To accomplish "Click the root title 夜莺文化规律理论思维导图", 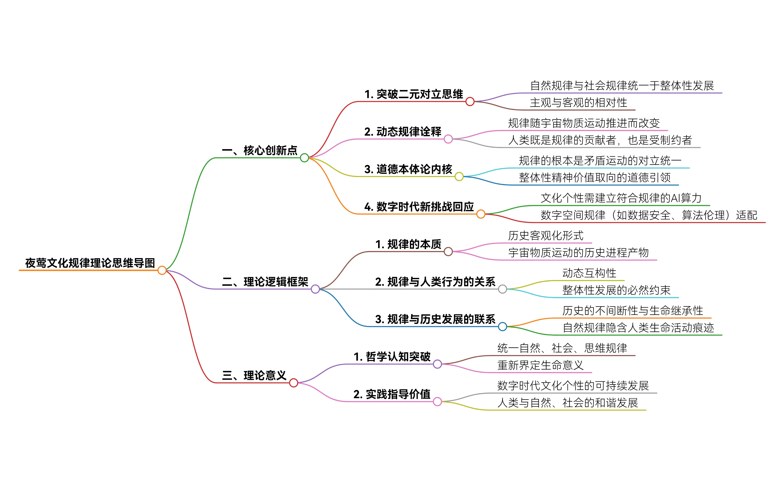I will pos(90,263).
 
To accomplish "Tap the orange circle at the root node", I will pos(162,271).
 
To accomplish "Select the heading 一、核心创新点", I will pos(259,151).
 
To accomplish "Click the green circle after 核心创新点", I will pos(304,158).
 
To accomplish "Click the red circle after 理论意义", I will pos(293,383).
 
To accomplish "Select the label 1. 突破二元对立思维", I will pos(414,94).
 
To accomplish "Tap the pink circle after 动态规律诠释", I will pos(448,139).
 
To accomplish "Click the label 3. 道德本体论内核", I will pos(408,169).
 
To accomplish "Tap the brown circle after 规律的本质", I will pos(448,252).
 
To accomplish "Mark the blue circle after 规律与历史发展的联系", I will pos(502,327).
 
